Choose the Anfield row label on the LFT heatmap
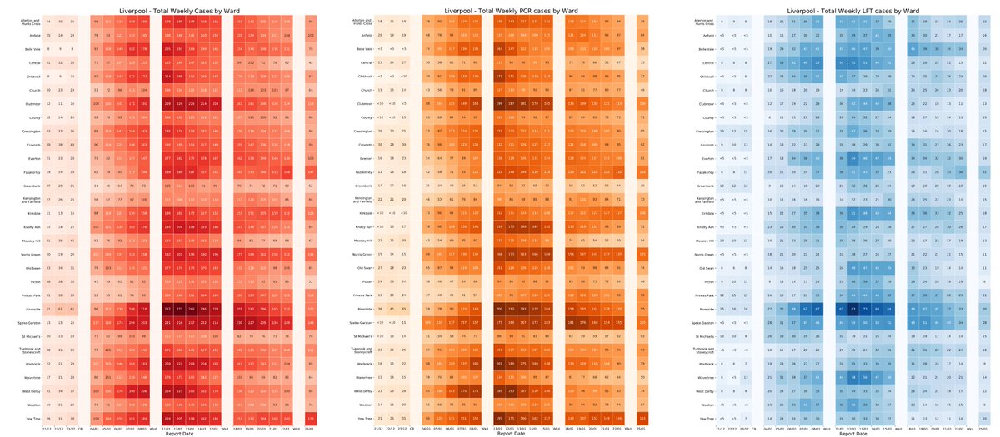coord(703,36)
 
